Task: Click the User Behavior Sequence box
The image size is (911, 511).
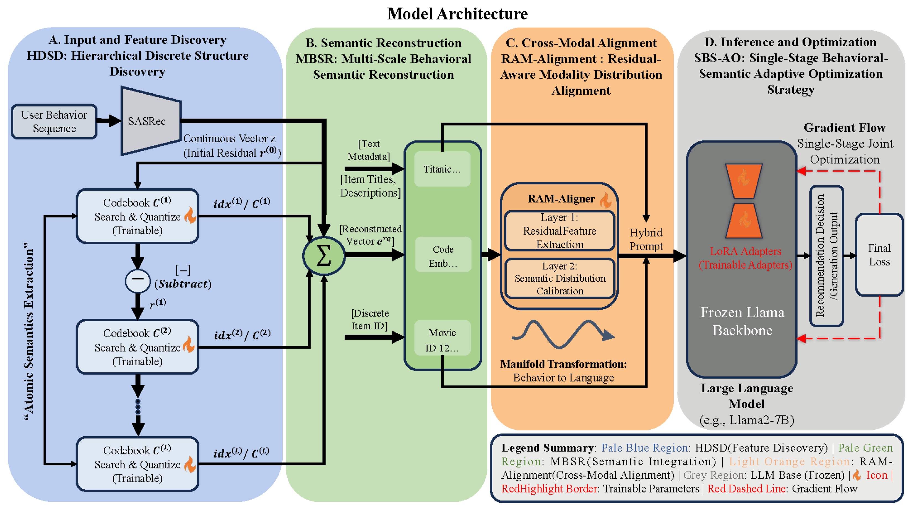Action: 54,121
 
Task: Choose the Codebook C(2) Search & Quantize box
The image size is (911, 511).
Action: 137,347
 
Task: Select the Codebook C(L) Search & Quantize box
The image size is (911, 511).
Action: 137,464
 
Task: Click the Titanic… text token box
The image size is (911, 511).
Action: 443,169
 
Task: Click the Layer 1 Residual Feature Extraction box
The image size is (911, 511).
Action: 560,231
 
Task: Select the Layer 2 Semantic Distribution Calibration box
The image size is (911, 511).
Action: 560,278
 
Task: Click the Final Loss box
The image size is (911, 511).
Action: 879,255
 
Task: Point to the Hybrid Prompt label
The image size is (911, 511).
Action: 646,239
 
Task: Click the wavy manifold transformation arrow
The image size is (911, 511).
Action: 563,334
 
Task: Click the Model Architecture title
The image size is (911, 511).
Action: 457,14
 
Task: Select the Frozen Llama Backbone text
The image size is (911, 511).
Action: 742,321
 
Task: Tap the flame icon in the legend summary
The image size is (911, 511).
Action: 857,475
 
